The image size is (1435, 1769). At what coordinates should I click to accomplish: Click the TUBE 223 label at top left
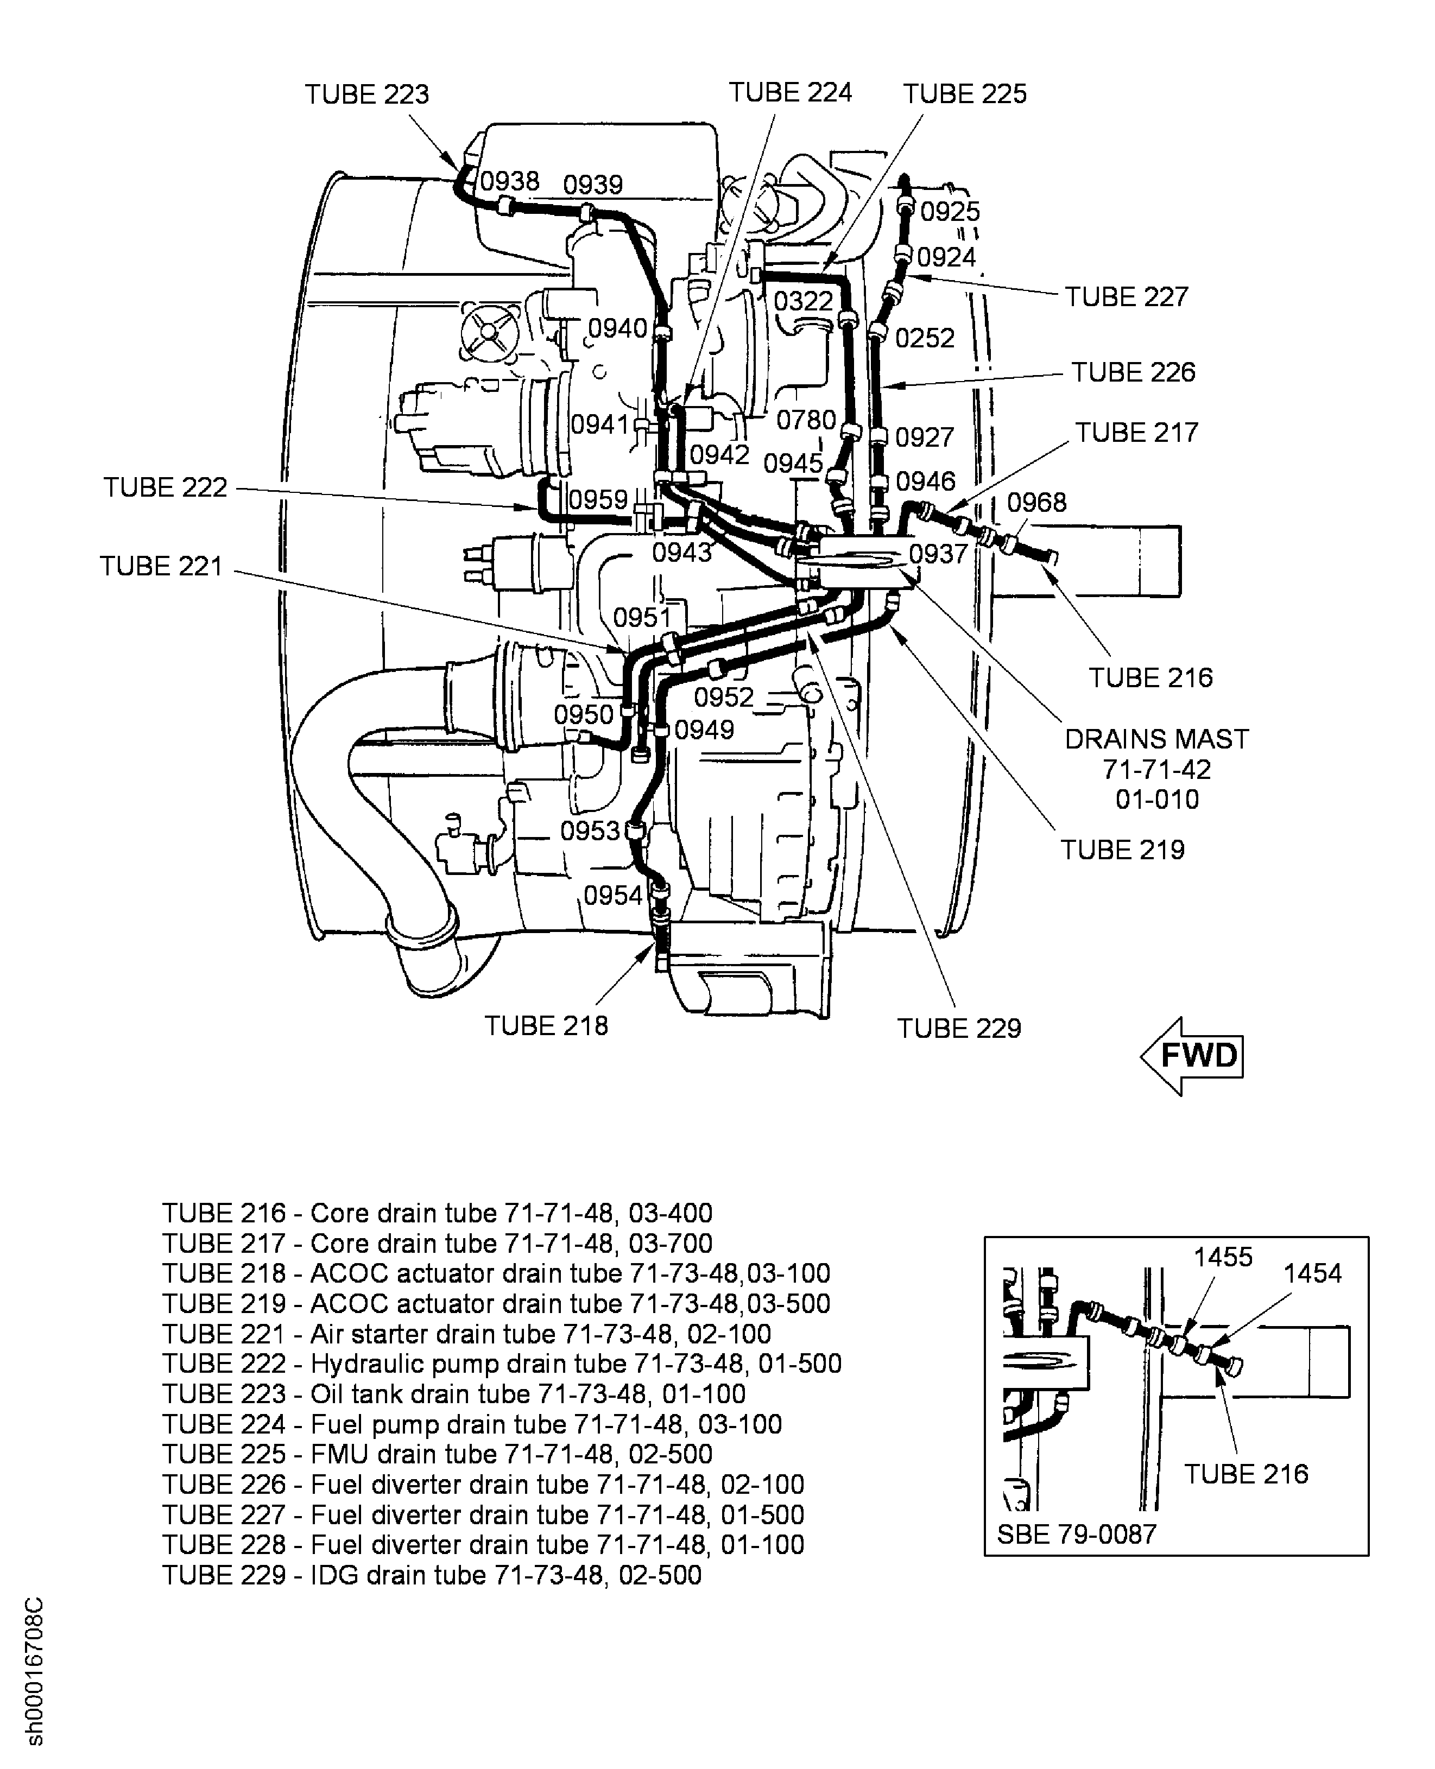[367, 94]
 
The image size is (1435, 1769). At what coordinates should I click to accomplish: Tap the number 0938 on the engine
[510, 181]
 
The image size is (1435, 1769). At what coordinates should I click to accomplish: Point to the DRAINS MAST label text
[1156, 739]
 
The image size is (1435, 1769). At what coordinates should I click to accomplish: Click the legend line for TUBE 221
[466, 1334]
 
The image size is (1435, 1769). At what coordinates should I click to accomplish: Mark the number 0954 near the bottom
[612, 895]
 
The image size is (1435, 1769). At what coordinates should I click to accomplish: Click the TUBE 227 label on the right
[1126, 296]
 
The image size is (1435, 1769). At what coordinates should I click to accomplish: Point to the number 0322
[804, 301]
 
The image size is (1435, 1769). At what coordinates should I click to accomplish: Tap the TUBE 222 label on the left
[165, 487]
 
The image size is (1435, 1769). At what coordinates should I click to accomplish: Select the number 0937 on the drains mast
[938, 554]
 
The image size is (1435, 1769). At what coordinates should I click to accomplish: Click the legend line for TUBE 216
[437, 1213]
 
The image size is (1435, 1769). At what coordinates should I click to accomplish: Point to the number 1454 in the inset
[1313, 1273]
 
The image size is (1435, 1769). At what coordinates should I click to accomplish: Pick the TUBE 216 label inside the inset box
[1247, 1474]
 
